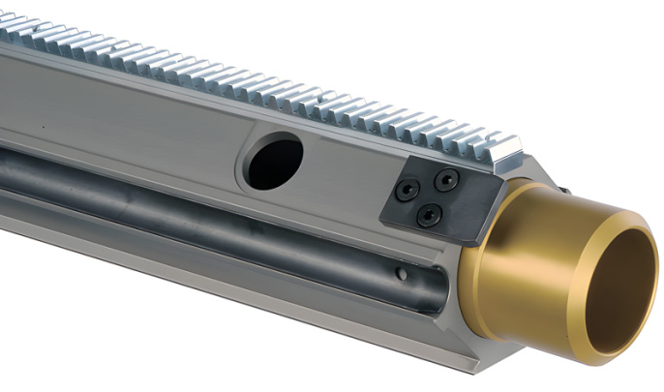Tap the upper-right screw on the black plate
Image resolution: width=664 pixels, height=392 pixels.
click(x=446, y=179)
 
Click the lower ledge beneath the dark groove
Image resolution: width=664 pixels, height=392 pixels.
click(x=242, y=290)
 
